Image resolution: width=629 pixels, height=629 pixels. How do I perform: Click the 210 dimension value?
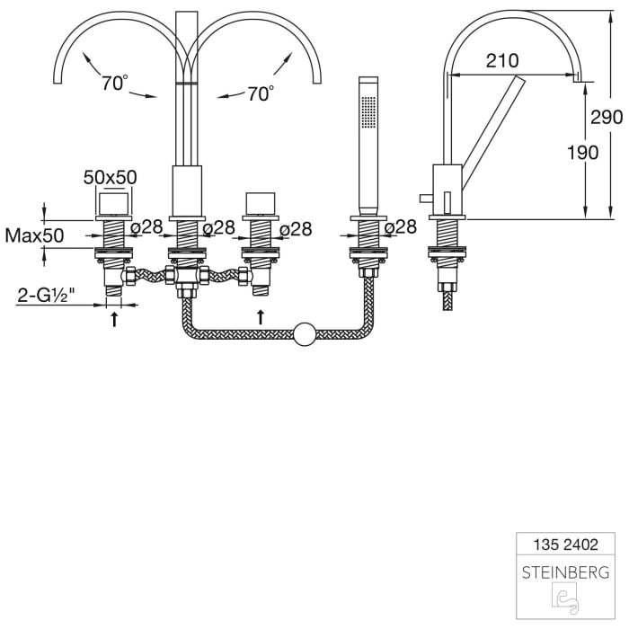(501, 61)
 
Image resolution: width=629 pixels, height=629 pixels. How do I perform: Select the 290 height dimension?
(607, 117)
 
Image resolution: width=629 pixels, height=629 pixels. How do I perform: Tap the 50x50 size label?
(110, 177)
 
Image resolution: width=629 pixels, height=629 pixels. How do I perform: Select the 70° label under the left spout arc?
(114, 84)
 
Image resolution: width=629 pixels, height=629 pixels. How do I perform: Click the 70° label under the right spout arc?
(260, 93)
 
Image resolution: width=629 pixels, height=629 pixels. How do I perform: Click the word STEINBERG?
(565, 571)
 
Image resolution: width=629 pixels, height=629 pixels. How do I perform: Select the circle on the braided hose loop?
(306, 335)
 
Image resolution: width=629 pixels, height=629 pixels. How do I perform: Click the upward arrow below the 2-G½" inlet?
(114, 320)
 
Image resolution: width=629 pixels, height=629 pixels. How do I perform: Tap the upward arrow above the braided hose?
(260, 316)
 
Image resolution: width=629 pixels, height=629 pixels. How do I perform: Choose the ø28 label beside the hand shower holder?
(401, 227)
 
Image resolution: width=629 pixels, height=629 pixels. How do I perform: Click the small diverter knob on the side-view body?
(422, 197)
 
